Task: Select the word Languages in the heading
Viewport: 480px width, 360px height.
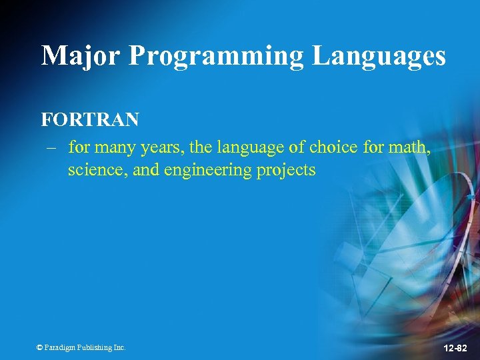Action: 379,55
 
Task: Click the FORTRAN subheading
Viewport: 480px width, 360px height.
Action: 90,120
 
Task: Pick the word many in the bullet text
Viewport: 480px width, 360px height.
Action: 114,147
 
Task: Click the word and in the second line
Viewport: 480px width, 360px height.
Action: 145,170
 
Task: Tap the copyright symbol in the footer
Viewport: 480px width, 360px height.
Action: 40,347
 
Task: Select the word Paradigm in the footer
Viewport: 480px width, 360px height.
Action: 61,347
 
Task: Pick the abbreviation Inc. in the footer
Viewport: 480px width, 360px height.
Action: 119,347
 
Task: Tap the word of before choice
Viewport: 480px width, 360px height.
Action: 297,147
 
